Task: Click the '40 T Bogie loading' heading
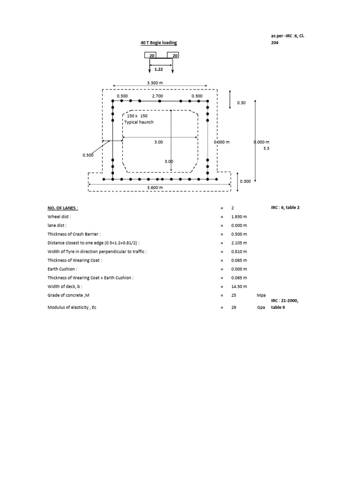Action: click(159, 43)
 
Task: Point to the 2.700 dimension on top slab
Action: click(157, 96)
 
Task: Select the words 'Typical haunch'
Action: click(139, 122)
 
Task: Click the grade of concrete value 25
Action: click(233, 295)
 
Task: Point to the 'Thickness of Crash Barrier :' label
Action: click(74, 234)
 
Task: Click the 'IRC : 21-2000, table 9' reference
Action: click(285, 304)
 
